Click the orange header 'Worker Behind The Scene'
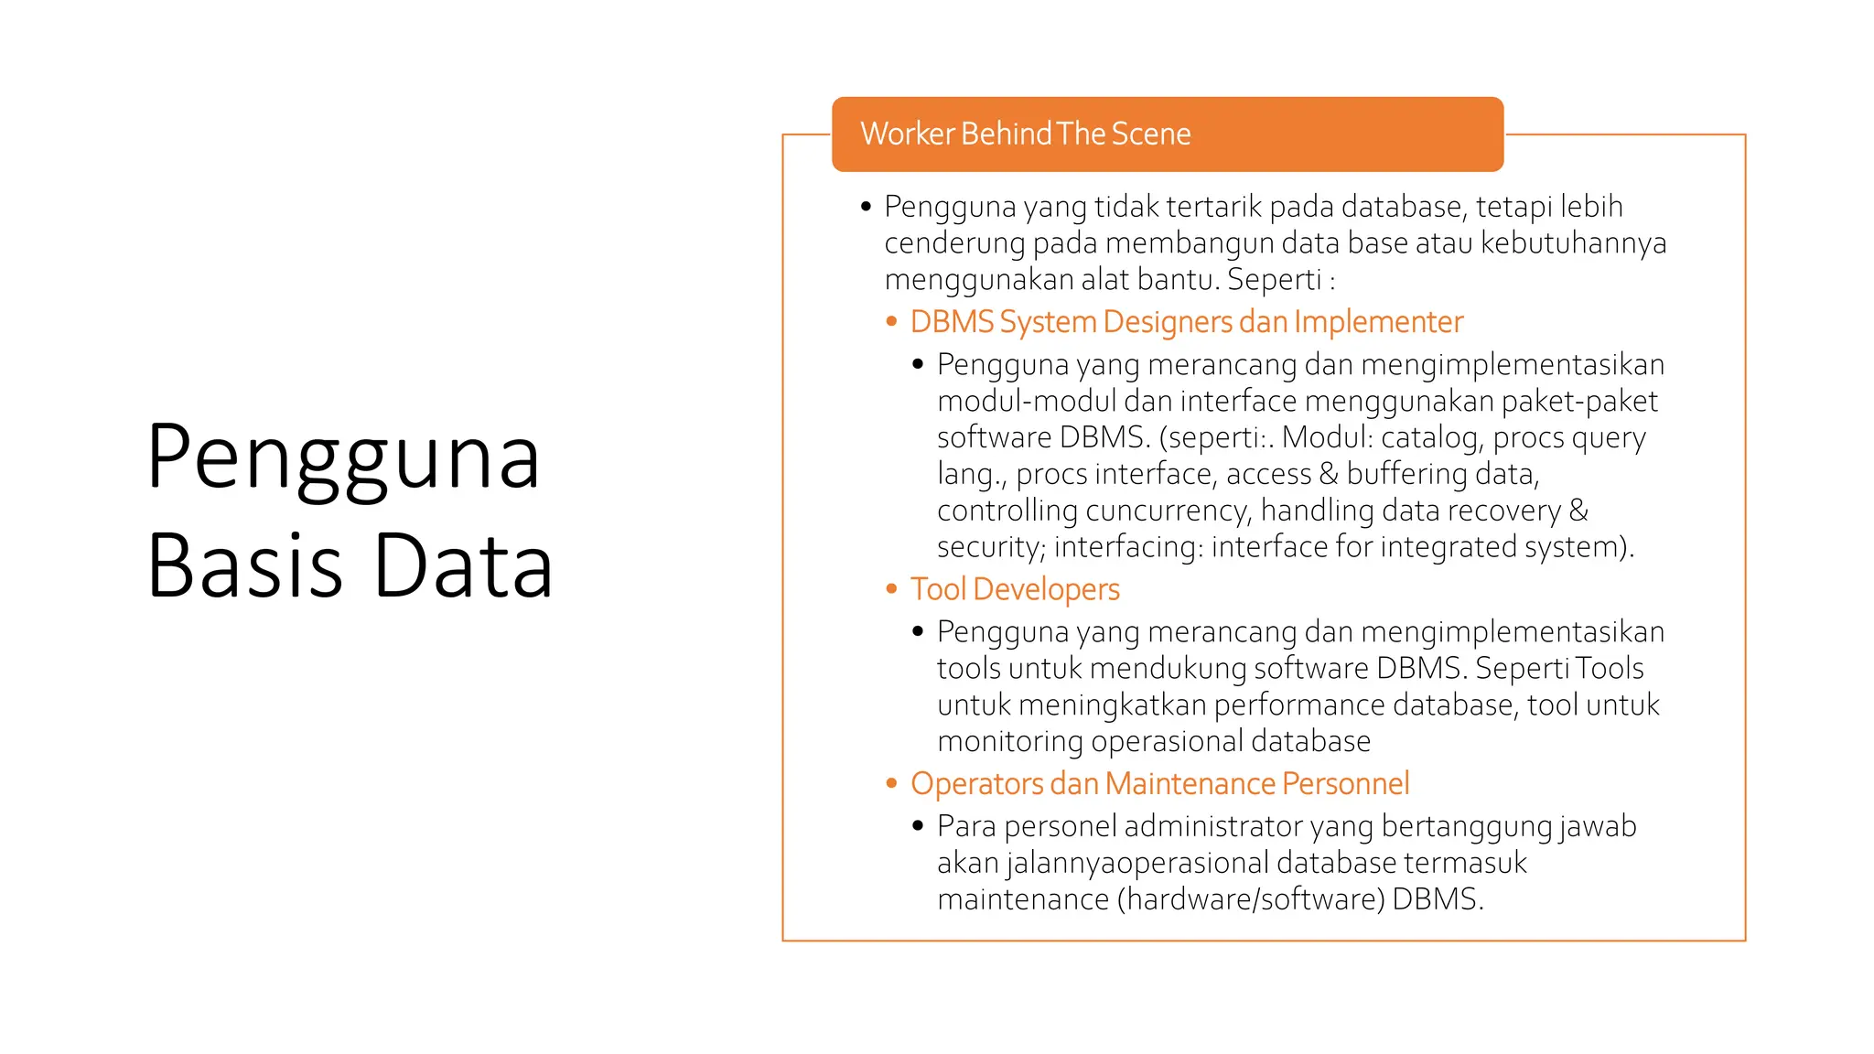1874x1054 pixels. pos(1025,134)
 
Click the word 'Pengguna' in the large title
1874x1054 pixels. pos(343,457)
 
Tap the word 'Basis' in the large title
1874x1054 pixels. pos(244,565)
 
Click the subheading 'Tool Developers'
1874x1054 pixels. pos(1015,589)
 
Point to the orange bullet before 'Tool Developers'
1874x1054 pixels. pos(891,589)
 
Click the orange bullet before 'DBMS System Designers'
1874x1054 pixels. pos(891,321)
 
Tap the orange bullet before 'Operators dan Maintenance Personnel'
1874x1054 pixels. pos(891,783)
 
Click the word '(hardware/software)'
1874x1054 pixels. pos(1251,899)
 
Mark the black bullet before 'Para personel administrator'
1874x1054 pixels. pos(918,826)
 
